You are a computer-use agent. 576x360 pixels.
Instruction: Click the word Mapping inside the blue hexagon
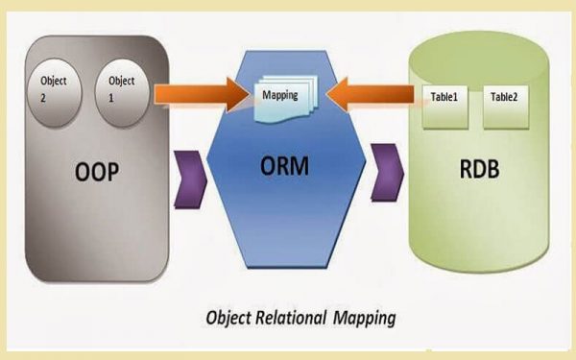[x=280, y=95]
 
